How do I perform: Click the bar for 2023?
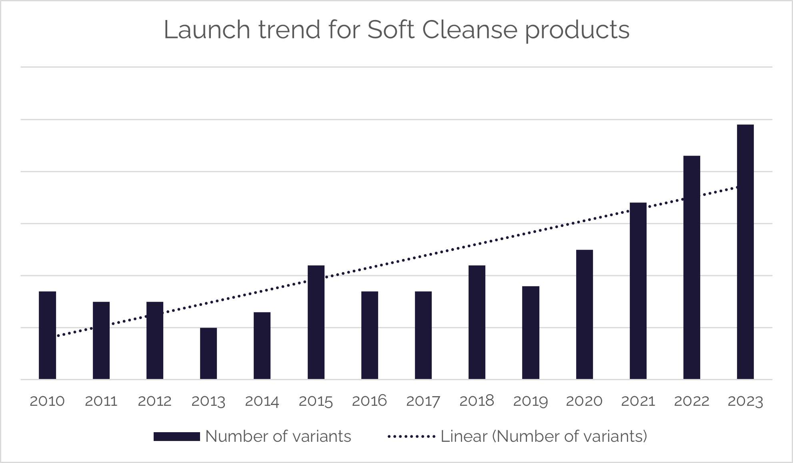point(745,252)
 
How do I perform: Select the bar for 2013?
point(208,353)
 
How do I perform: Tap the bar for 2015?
point(316,322)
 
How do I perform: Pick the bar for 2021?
point(638,291)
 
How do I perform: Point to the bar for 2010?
point(47,335)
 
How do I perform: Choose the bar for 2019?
point(531,333)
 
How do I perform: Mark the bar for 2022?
point(691,267)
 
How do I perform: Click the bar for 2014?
point(262,345)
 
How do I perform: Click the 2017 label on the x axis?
point(423,401)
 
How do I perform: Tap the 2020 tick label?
point(584,401)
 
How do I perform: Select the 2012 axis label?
point(154,401)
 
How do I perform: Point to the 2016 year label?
point(369,401)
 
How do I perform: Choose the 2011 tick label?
point(101,401)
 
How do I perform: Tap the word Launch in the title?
point(207,30)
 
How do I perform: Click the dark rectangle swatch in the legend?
point(176,437)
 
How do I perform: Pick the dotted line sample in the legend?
point(411,437)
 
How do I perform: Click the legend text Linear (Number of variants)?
point(544,437)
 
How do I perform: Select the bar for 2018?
point(477,322)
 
